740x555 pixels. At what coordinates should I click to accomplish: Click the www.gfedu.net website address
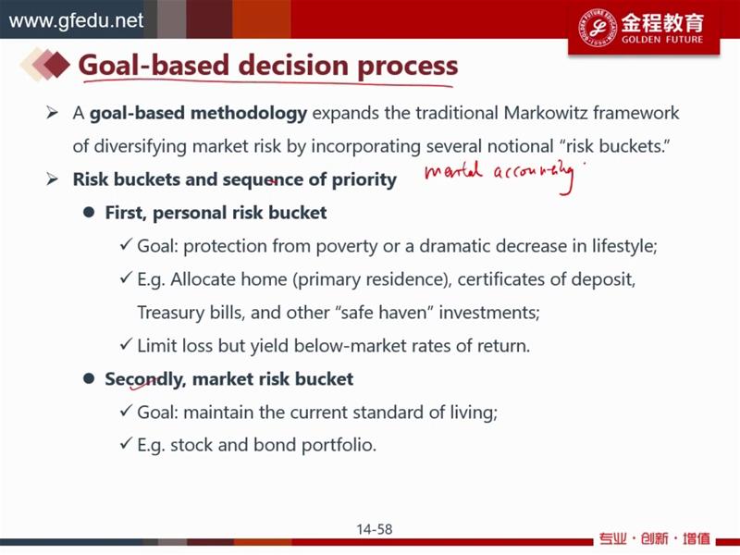76,20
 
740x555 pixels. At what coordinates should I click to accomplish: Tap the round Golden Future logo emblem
597,27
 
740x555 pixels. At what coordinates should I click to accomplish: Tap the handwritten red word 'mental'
453,171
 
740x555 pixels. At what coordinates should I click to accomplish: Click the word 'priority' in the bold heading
364,180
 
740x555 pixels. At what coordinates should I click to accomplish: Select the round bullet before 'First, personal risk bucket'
89,213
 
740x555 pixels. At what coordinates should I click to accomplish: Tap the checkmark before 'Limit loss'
126,344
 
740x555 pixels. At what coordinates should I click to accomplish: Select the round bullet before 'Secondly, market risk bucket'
89,378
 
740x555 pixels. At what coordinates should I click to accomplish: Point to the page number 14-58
375,529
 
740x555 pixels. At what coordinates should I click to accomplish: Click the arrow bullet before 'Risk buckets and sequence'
52,179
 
